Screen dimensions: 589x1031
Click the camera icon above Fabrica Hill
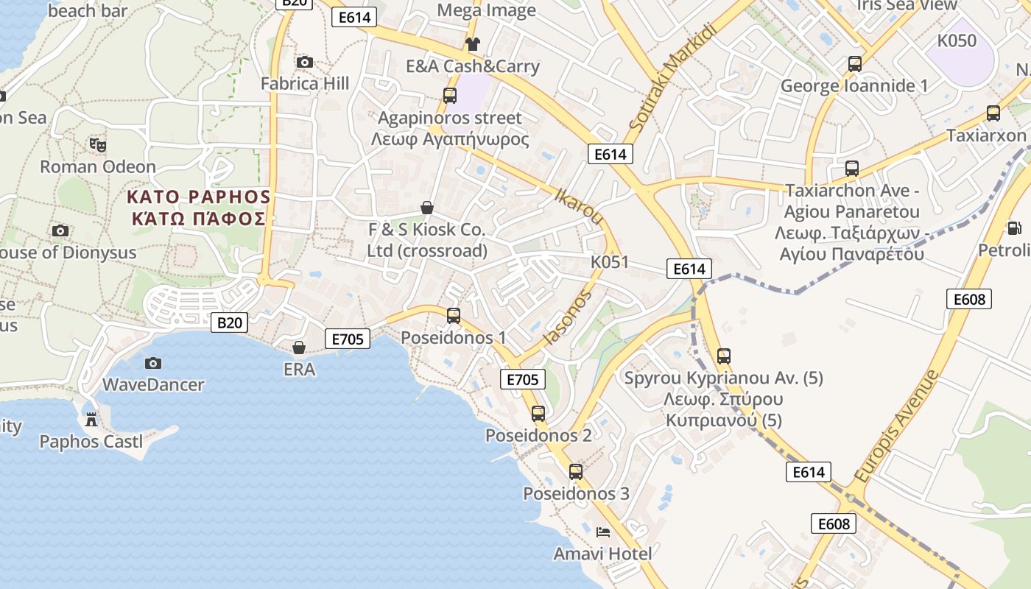coord(304,63)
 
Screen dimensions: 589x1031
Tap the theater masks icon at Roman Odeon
coord(97,145)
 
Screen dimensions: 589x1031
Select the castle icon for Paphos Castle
coord(91,420)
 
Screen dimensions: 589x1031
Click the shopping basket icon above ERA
coord(299,347)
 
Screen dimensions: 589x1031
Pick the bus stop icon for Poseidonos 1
coord(454,316)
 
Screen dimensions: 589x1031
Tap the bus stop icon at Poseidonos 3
coord(576,472)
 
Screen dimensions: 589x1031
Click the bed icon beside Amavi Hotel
coord(603,532)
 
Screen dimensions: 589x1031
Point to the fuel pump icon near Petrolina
coord(1014,229)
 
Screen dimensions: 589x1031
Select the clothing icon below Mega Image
coord(473,44)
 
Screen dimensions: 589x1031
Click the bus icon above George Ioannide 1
coord(854,64)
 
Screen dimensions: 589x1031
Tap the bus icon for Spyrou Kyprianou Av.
coord(724,356)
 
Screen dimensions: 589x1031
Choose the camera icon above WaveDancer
coord(153,363)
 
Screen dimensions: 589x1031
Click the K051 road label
coord(610,262)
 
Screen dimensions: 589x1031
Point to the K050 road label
coord(957,41)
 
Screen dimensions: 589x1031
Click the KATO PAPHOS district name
coord(199,197)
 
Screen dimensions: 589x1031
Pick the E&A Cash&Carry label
coord(473,66)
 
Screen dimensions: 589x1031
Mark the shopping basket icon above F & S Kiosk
coord(426,208)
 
